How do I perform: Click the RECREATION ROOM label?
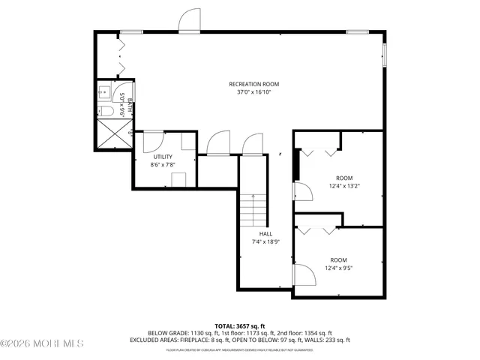249,83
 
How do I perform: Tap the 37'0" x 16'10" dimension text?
249,92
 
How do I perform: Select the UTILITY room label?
163,157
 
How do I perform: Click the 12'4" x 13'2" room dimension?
344,187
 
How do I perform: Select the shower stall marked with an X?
114,135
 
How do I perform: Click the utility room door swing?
151,140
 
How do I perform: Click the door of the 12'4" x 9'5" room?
304,275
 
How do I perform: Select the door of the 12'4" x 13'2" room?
298,191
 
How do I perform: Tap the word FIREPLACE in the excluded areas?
205,340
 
